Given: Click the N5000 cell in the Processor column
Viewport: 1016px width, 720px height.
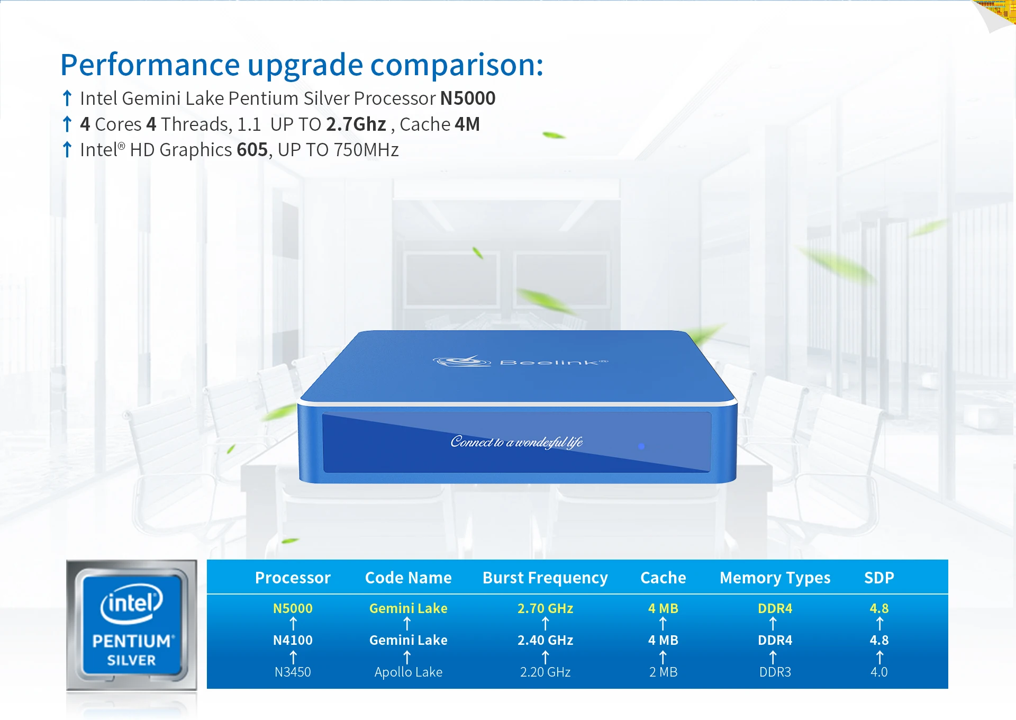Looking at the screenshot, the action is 293,608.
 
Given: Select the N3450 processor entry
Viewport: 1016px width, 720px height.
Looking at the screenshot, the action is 293,672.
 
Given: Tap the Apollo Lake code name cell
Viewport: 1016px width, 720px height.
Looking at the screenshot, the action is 408,672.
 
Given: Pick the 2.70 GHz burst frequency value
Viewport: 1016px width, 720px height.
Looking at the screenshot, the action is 545,608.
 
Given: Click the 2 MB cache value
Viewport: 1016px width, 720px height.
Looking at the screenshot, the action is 663,672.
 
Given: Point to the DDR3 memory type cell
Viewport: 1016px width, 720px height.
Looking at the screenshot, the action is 775,672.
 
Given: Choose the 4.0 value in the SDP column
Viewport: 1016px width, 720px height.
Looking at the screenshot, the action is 879,672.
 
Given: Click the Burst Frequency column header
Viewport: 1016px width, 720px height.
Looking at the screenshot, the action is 545,578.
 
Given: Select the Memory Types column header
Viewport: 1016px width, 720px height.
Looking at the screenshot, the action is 775,578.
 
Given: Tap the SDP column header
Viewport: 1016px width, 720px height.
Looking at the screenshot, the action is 879,578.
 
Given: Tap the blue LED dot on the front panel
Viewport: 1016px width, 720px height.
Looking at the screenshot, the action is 641,446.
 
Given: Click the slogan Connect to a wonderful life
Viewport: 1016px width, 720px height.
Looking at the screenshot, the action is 516,442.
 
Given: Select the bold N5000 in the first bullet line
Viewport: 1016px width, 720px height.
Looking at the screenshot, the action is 468,98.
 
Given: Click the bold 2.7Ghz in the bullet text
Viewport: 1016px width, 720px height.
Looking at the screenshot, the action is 356,124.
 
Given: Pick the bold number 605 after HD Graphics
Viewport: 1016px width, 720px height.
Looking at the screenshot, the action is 252,150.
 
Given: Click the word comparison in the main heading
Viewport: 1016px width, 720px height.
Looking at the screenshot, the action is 457,66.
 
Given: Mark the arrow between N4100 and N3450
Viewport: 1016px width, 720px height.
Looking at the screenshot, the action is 293,657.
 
